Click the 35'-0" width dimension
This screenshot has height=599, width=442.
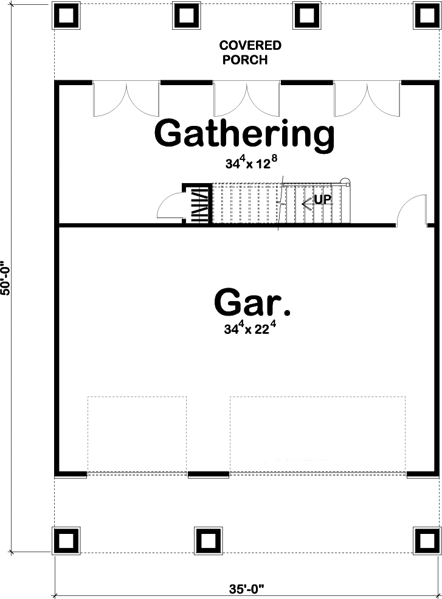pos(247,589)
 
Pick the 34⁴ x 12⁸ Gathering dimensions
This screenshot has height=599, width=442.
pos(249,162)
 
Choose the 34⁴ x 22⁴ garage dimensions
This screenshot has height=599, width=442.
pos(254,330)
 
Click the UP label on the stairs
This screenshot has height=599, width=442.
pos(322,199)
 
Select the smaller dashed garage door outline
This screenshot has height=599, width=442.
pos(137,435)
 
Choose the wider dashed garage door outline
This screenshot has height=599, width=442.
pos(317,435)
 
